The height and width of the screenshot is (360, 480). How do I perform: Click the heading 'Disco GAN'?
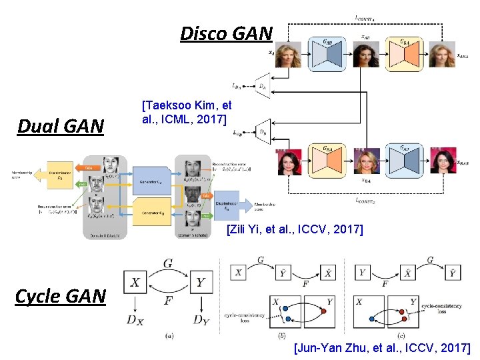(x=227, y=33)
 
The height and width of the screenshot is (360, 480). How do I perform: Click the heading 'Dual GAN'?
(x=61, y=125)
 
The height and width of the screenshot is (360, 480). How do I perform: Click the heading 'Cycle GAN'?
(x=61, y=295)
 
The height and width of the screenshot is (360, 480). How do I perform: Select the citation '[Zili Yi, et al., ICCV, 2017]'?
(x=295, y=229)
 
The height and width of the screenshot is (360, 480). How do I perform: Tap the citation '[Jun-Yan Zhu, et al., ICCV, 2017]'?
(x=381, y=347)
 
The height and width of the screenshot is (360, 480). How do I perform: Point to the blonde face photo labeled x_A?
(x=289, y=54)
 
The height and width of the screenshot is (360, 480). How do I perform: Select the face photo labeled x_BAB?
(x=443, y=161)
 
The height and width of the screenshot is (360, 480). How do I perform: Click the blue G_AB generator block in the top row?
(x=327, y=54)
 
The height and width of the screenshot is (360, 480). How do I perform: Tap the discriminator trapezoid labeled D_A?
(x=263, y=86)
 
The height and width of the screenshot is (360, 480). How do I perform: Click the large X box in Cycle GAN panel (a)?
(x=135, y=283)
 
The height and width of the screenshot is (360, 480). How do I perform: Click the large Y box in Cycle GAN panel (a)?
(x=199, y=283)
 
